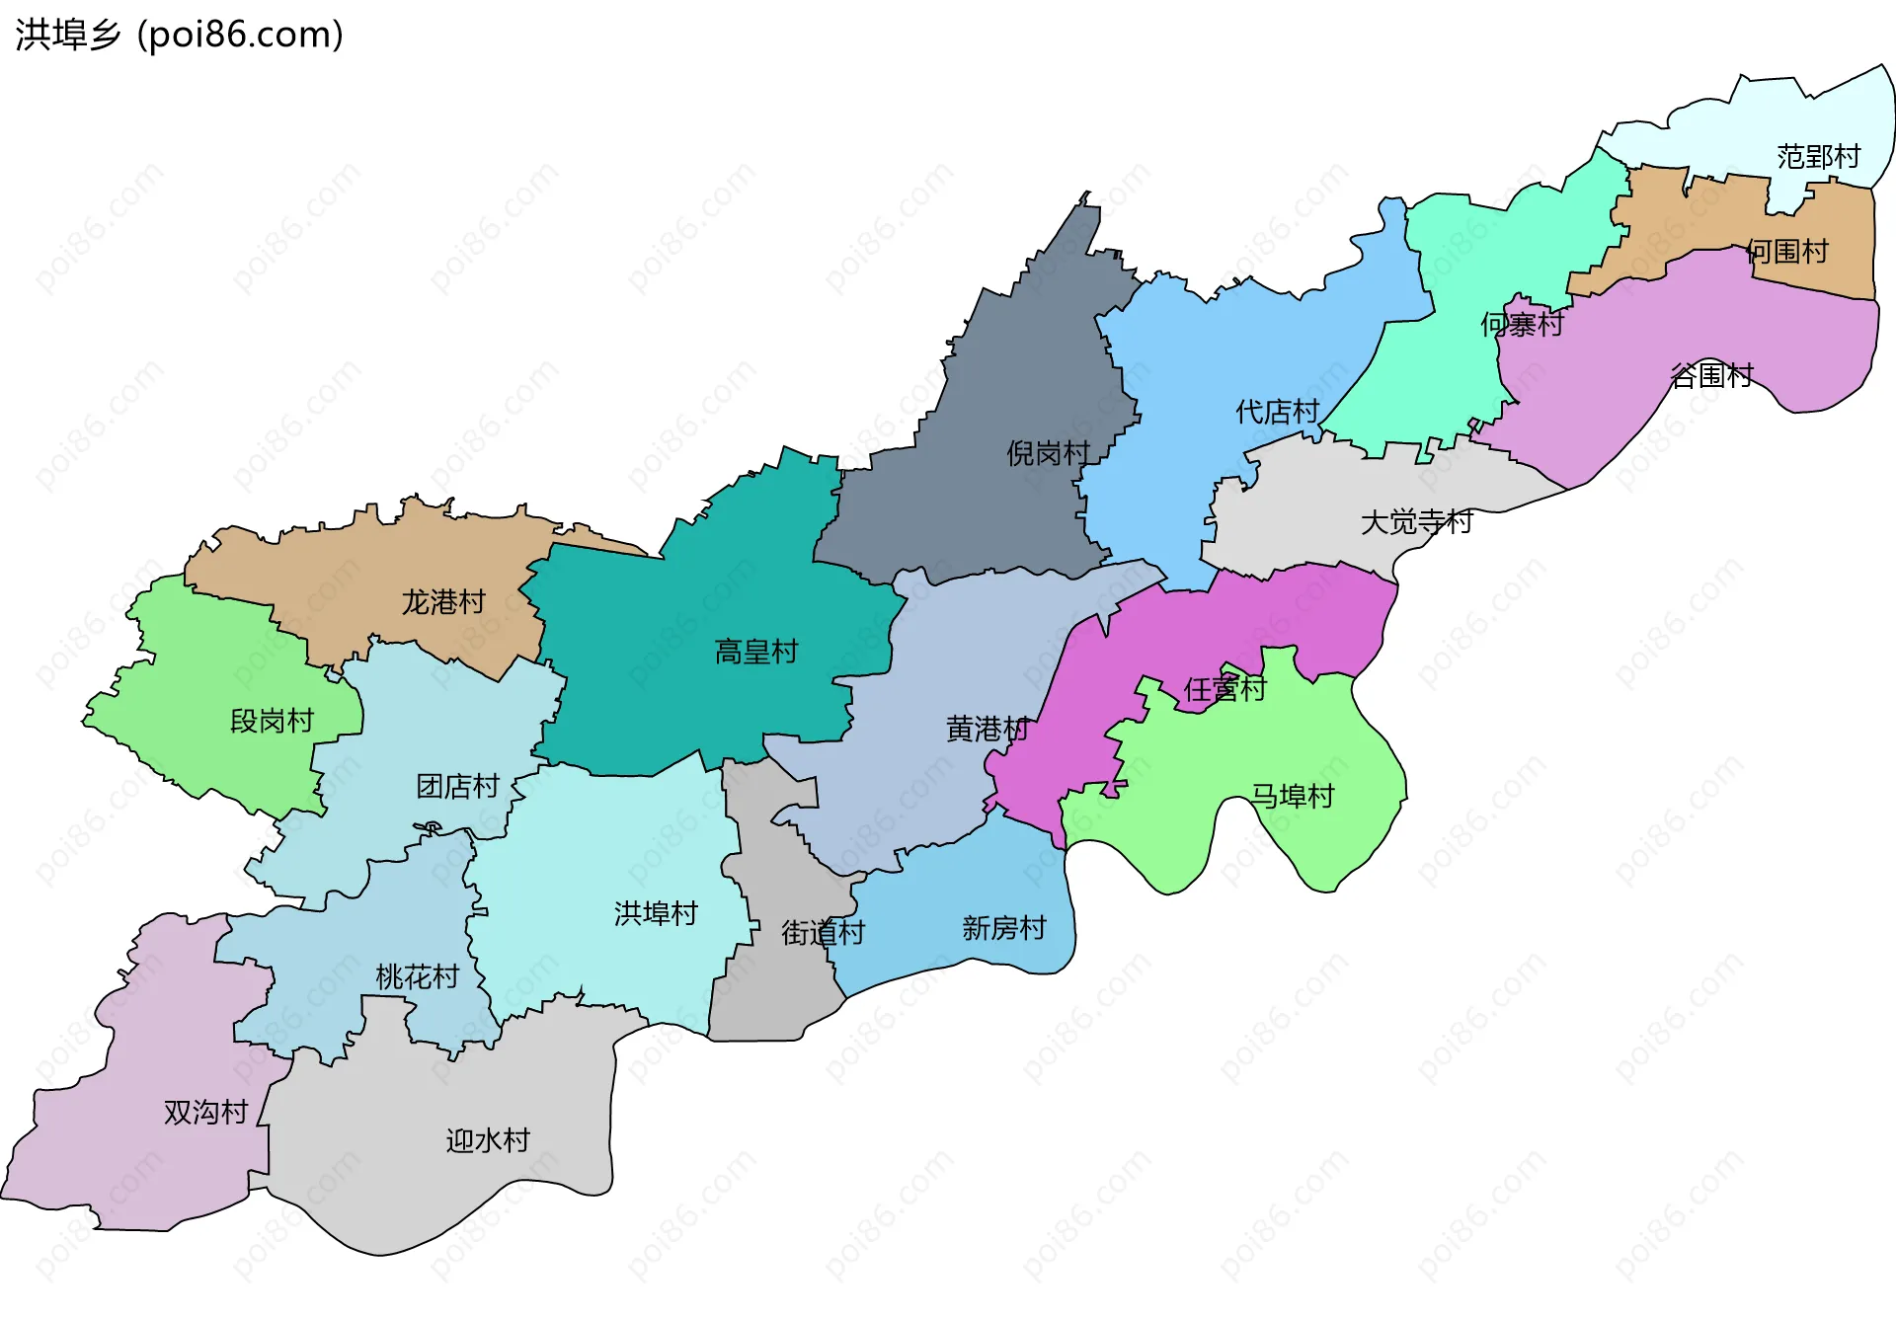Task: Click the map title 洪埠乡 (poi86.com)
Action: click(180, 35)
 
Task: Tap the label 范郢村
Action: click(1818, 156)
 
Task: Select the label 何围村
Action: click(1787, 252)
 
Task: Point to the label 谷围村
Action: click(1711, 375)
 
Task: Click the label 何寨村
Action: click(1522, 324)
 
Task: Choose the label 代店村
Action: click(1277, 412)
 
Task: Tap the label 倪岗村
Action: click(1048, 453)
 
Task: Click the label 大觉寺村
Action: click(1416, 521)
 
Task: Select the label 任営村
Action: click(1224, 689)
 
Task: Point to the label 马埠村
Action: click(1293, 796)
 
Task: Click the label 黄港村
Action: click(987, 729)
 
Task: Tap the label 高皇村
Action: click(755, 652)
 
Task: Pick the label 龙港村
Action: click(443, 601)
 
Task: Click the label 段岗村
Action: click(272, 721)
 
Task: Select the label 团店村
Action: click(457, 786)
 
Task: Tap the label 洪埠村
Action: click(656, 913)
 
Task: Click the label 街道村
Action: click(823, 932)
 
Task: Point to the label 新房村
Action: click(1003, 928)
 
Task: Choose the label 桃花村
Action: click(417, 977)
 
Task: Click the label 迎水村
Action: click(488, 1140)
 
